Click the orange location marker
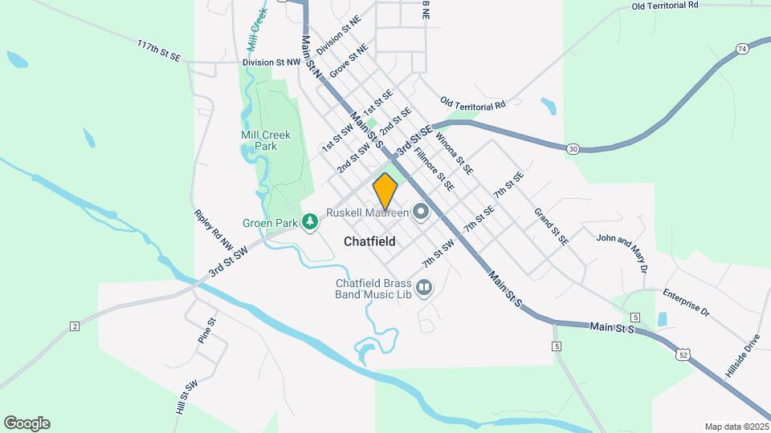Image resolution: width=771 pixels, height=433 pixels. (x=385, y=191)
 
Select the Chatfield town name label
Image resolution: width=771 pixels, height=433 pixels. (x=369, y=241)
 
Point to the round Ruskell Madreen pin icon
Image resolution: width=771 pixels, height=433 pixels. (x=421, y=212)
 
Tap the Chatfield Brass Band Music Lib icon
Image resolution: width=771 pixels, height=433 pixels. (x=423, y=286)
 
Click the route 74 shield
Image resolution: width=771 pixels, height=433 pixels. (x=741, y=49)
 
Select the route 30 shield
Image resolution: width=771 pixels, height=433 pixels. (x=572, y=148)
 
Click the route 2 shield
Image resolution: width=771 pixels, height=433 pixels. (x=75, y=326)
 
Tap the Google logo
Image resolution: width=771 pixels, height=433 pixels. (x=27, y=423)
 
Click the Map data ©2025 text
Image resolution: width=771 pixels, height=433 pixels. (x=736, y=427)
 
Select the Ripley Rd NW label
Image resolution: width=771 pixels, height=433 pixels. (x=213, y=229)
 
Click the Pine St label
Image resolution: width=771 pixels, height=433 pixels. (x=206, y=330)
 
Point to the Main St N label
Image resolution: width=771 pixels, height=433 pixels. (x=312, y=55)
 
